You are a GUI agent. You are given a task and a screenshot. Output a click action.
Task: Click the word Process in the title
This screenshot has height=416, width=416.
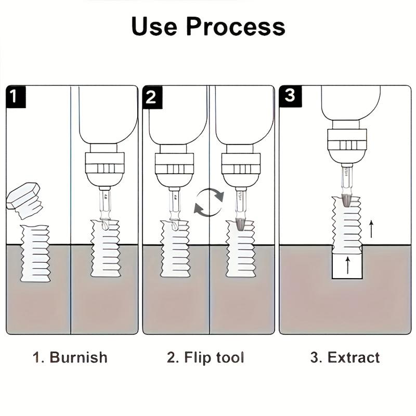pyautogui.click(x=236, y=27)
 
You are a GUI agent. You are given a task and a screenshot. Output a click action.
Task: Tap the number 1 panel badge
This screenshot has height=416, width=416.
pyautogui.click(x=16, y=97)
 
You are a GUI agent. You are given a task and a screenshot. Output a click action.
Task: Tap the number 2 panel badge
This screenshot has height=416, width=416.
pyautogui.click(x=152, y=97)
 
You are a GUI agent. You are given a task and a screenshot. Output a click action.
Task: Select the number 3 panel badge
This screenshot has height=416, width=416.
pyautogui.click(x=289, y=97)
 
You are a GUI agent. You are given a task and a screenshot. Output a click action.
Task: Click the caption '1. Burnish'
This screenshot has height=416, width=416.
pyautogui.click(x=70, y=358)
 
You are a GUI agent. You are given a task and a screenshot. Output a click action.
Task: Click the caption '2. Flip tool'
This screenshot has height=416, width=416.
pyautogui.click(x=205, y=358)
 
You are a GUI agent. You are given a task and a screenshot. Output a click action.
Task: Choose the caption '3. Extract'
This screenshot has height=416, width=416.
pyautogui.click(x=345, y=358)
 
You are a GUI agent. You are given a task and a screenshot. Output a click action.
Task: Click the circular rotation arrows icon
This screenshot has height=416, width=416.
pyautogui.click(x=209, y=202)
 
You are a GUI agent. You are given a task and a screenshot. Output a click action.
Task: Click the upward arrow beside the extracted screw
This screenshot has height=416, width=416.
pyautogui.click(x=371, y=229)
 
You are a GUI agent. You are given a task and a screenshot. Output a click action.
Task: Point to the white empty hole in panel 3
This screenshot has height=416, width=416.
pyautogui.click(x=347, y=266)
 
